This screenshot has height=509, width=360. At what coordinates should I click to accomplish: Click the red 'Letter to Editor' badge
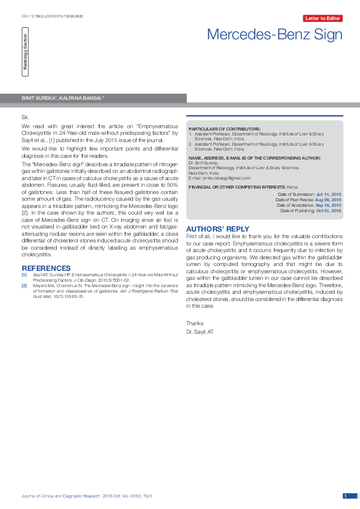324,19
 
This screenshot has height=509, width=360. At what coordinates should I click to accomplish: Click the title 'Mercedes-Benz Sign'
275,34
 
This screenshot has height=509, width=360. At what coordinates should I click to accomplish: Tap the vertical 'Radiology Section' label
25,55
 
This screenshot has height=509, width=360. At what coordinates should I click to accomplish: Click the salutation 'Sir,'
25,115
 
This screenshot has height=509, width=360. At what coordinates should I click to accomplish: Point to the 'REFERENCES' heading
46,268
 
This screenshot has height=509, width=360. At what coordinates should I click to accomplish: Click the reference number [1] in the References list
24,274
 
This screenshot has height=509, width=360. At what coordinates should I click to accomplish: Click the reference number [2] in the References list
24,285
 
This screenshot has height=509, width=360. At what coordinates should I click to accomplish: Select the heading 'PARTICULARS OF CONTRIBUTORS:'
224,129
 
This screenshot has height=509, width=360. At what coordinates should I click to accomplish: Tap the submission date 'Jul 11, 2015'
329,194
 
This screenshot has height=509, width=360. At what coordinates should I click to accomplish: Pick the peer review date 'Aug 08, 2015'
329,199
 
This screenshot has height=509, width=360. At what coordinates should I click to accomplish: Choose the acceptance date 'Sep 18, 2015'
329,205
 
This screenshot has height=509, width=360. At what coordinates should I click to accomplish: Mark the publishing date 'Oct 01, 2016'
329,210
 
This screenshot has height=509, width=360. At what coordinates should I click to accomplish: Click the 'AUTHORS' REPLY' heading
217,229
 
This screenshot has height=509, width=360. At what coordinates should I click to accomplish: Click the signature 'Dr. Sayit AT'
200,332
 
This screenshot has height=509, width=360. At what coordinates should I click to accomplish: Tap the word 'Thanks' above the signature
195,323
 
